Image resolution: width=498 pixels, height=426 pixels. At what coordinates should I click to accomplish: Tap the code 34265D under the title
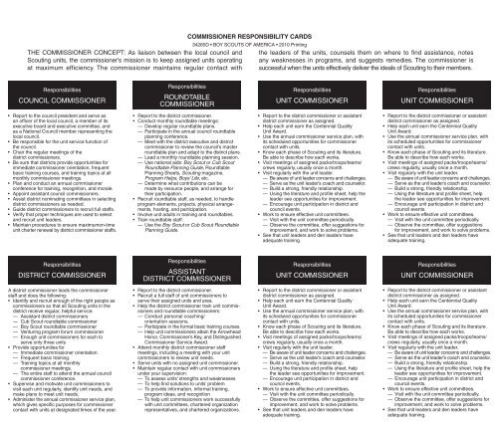pyautogui.click(x=192, y=17)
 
